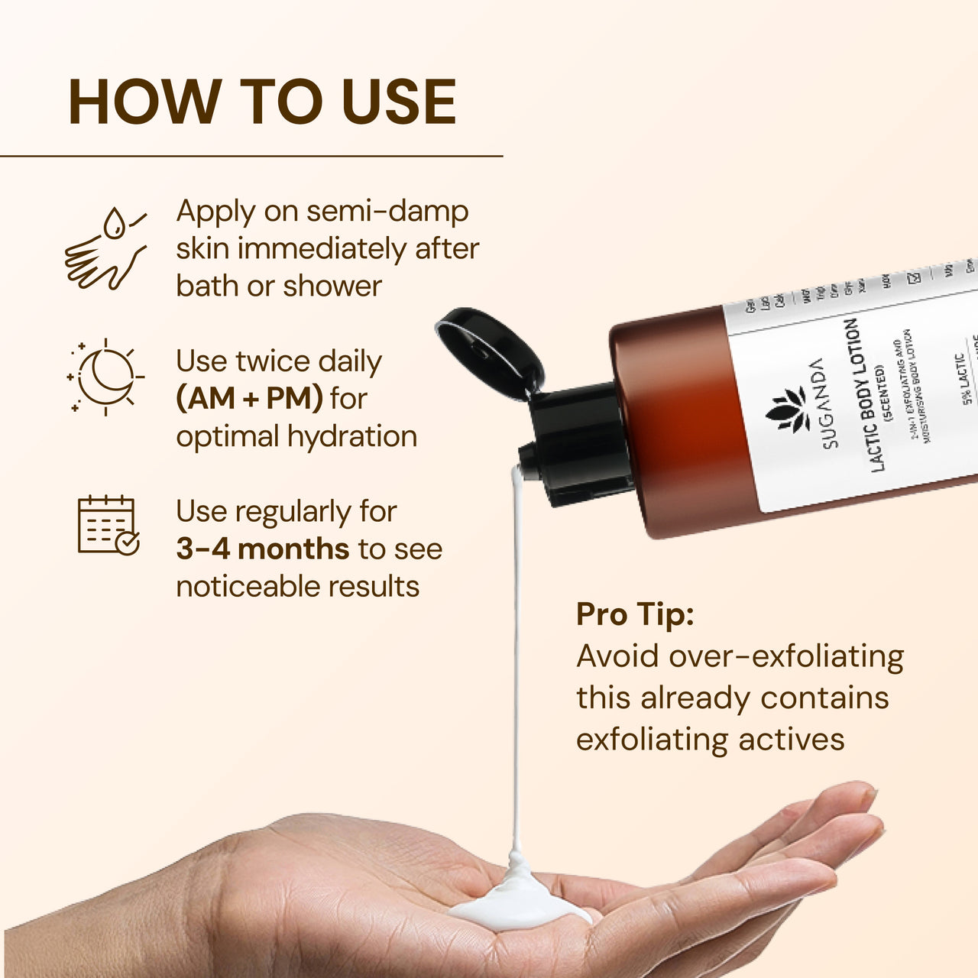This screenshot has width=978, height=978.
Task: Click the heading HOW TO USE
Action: tap(262, 102)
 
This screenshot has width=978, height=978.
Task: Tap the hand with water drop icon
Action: tap(105, 248)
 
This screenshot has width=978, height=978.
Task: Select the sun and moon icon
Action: tap(105, 377)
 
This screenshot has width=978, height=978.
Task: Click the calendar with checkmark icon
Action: tap(108, 525)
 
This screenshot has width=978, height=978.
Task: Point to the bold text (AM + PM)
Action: tap(249, 398)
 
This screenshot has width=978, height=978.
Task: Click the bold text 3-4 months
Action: tap(262, 549)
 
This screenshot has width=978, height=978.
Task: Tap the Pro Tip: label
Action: tap(635, 614)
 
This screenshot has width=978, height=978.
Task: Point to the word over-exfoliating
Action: tap(786, 656)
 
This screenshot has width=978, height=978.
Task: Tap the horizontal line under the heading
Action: tap(251, 156)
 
